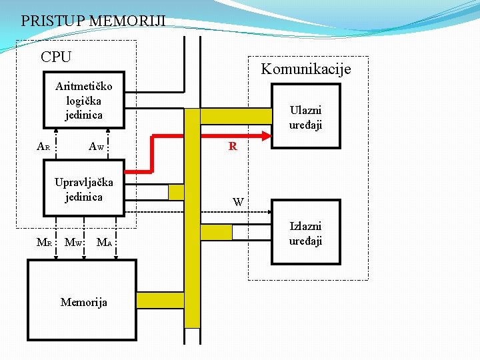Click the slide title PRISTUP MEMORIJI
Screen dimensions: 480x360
click(93, 21)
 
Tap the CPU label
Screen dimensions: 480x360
click(56, 57)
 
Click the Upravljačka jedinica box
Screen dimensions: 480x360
click(84, 189)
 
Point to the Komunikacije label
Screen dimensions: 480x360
click(305, 69)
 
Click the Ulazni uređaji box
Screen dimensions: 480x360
click(305, 117)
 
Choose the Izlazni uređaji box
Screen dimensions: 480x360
click(305, 233)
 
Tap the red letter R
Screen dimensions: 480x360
click(233, 147)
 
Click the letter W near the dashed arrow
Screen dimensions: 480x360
click(238, 201)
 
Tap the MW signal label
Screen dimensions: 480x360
click(73, 242)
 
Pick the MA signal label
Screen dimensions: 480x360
click(104, 242)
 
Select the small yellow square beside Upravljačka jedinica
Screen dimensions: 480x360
click(176, 193)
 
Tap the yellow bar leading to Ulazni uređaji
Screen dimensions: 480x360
click(237, 116)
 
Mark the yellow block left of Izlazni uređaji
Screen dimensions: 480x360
click(216, 232)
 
